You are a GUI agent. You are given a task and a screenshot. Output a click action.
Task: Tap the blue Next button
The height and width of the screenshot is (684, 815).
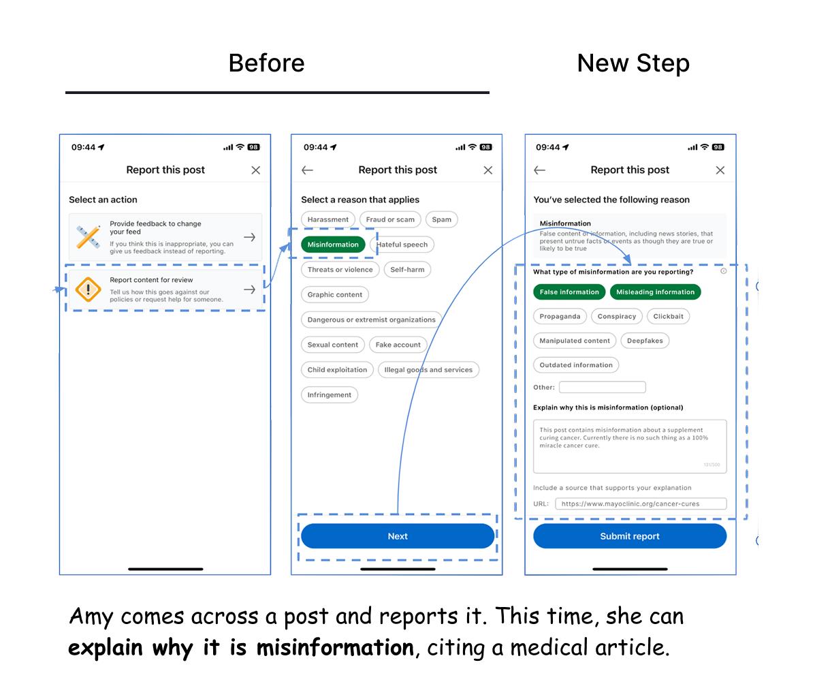click(398, 536)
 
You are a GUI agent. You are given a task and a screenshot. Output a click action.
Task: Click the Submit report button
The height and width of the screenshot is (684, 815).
click(630, 536)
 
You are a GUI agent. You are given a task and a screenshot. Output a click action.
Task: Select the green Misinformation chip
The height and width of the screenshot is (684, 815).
click(333, 245)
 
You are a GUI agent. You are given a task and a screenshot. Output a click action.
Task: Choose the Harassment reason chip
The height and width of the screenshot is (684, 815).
click(328, 219)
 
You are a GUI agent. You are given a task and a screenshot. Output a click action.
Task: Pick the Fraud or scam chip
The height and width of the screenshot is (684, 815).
click(390, 219)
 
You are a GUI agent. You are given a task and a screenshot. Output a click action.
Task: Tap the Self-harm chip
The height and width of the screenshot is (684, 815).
click(407, 270)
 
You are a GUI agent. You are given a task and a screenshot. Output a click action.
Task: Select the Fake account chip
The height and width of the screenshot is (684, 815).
click(398, 345)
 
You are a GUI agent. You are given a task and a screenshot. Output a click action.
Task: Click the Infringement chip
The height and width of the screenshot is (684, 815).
click(330, 395)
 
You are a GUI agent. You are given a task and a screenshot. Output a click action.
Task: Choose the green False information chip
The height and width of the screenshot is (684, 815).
click(569, 292)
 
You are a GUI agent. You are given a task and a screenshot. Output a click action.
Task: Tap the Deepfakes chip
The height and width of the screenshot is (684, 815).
click(645, 341)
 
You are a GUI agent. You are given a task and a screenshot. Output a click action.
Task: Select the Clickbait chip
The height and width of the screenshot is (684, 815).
click(669, 316)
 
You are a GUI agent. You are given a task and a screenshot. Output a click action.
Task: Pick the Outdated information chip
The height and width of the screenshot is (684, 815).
click(576, 365)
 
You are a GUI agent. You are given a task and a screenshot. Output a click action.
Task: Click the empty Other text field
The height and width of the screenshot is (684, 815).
click(602, 387)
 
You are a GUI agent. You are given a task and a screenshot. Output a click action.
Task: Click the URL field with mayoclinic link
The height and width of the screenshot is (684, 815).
click(641, 504)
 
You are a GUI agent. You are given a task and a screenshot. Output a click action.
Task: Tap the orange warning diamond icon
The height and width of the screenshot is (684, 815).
click(88, 290)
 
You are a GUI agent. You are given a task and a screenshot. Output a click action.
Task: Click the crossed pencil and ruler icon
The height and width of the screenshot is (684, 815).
click(88, 236)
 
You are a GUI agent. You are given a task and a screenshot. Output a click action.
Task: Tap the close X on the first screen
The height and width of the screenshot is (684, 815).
click(255, 170)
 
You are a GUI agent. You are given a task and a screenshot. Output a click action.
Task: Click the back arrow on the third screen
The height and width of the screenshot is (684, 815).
click(540, 170)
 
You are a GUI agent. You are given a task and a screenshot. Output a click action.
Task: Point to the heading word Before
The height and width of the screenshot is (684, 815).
click(266, 63)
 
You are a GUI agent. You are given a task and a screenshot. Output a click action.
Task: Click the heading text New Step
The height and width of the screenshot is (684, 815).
click(633, 63)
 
